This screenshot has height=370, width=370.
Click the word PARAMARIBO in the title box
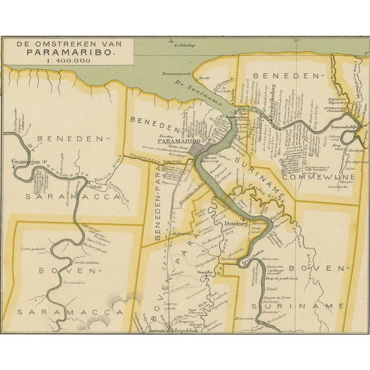(x=71, y=51)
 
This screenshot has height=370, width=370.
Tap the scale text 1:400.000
(x=71, y=61)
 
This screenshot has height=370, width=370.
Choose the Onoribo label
(x=205, y=273)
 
